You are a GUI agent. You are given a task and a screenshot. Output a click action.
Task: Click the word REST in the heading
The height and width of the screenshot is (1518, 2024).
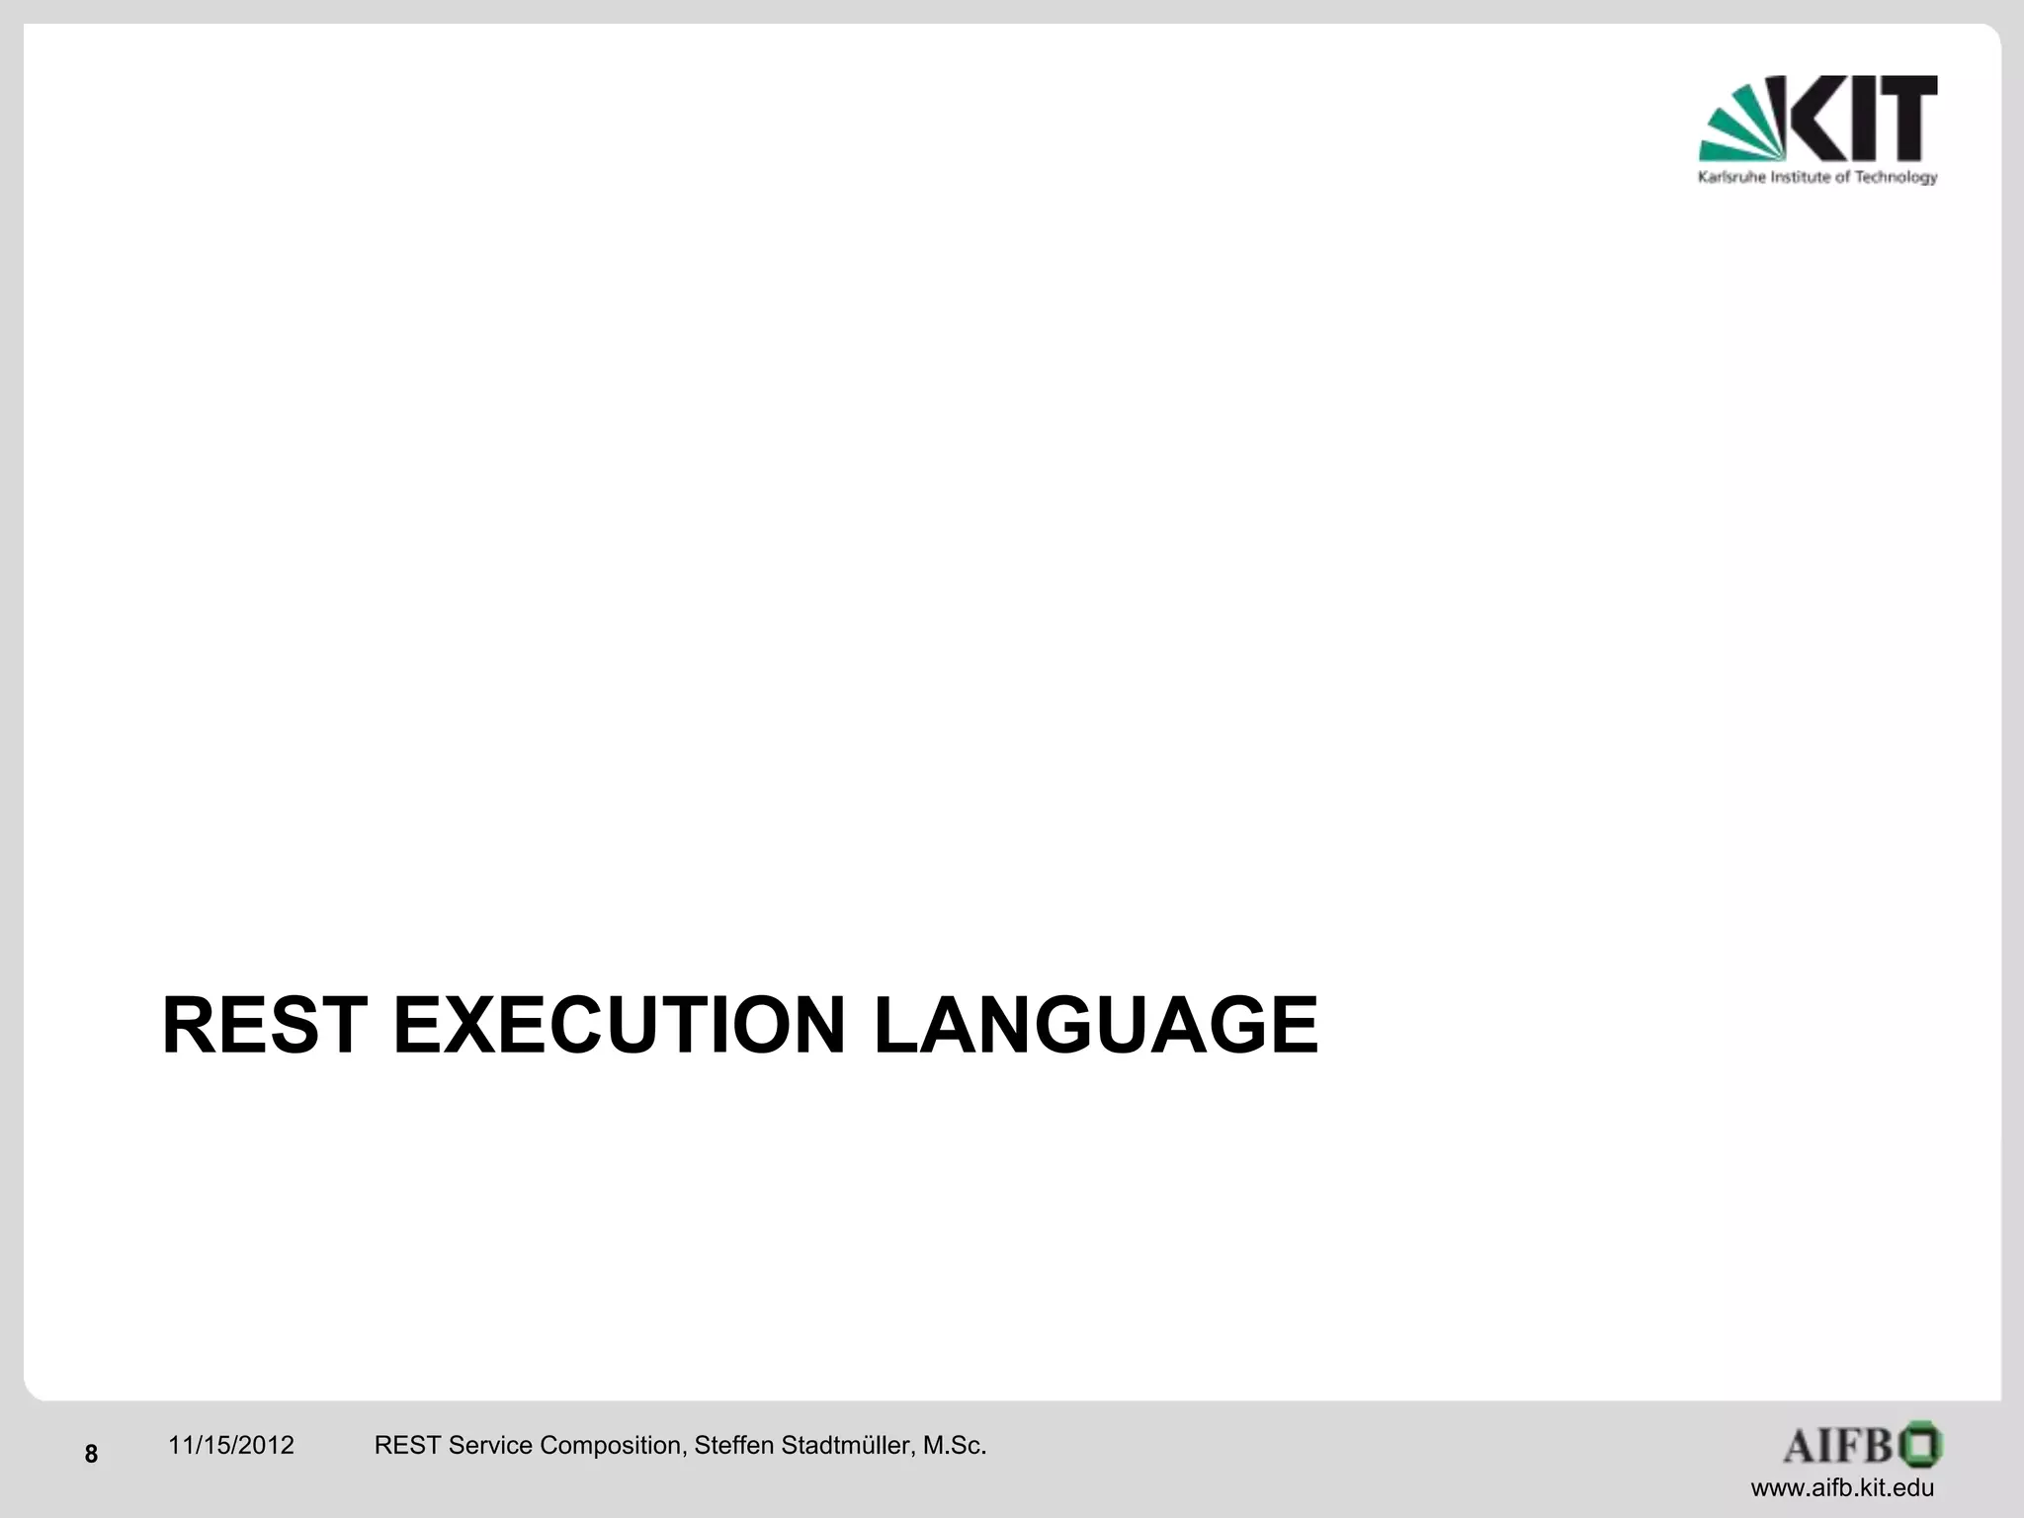coord(264,1026)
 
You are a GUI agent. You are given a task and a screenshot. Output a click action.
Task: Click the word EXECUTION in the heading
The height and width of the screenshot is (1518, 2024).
coord(620,1026)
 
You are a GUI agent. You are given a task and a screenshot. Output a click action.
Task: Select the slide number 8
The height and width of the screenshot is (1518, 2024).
coord(91,1454)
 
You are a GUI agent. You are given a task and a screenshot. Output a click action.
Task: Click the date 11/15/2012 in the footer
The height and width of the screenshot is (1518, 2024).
coord(231,1446)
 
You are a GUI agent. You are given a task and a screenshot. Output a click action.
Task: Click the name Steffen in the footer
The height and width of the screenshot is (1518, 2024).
coord(733,1446)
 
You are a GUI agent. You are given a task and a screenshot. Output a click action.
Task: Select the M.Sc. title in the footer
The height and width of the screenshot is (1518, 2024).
coord(954,1446)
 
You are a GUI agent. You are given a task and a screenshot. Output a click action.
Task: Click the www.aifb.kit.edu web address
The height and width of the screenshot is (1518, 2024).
coord(1842,1488)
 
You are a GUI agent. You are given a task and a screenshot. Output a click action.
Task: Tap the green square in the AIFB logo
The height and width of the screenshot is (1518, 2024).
coord(1920,1446)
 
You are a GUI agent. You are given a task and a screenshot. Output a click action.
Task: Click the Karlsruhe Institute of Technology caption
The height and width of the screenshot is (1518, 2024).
coord(1817,178)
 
